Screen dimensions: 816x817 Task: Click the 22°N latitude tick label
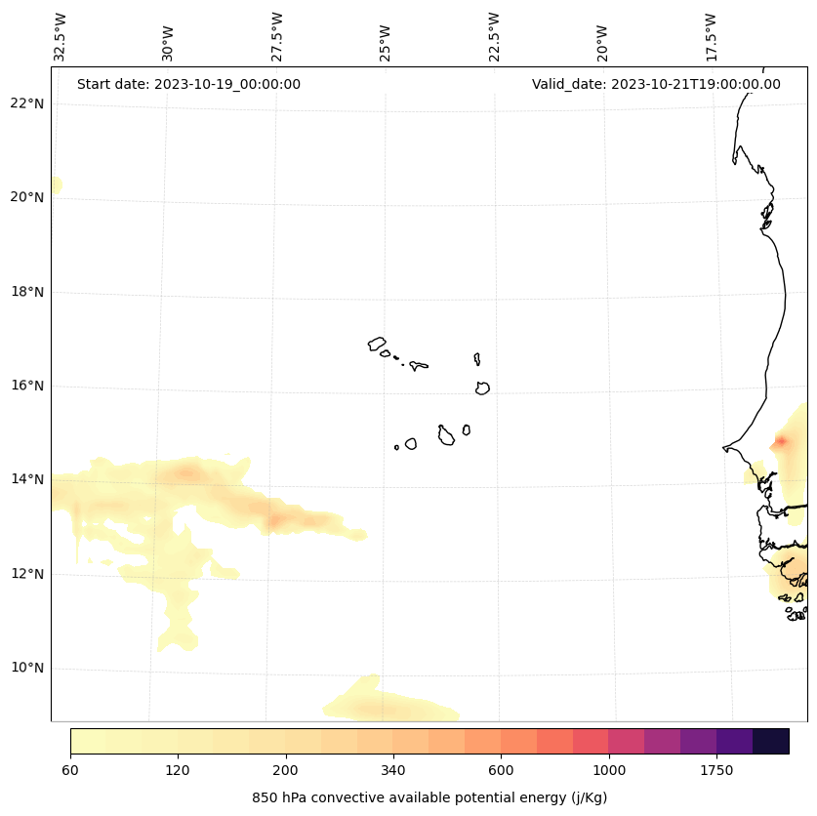click(x=26, y=103)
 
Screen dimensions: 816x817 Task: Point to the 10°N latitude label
click(x=26, y=669)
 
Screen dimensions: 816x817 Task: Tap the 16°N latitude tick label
click(x=26, y=386)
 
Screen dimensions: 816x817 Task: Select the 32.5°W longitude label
click(x=61, y=37)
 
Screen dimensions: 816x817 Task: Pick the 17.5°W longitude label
click(x=712, y=37)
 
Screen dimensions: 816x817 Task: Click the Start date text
click(x=188, y=84)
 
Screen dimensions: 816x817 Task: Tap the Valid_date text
click(x=656, y=84)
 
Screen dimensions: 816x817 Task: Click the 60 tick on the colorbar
click(x=70, y=771)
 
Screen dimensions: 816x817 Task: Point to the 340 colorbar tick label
click(x=393, y=771)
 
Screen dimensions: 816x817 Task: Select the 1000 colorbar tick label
click(x=609, y=771)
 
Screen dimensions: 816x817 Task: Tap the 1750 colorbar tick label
click(x=716, y=771)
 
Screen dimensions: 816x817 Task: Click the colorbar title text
click(x=429, y=797)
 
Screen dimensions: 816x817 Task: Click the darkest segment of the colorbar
click(x=771, y=741)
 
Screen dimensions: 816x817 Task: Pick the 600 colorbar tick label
click(x=501, y=771)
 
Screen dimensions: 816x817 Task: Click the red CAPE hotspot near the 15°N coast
click(x=780, y=442)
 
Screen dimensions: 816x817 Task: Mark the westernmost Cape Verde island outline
click(x=377, y=344)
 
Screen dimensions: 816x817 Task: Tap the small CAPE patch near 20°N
click(x=56, y=184)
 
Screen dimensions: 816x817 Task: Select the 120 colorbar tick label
click(x=178, y=771)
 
